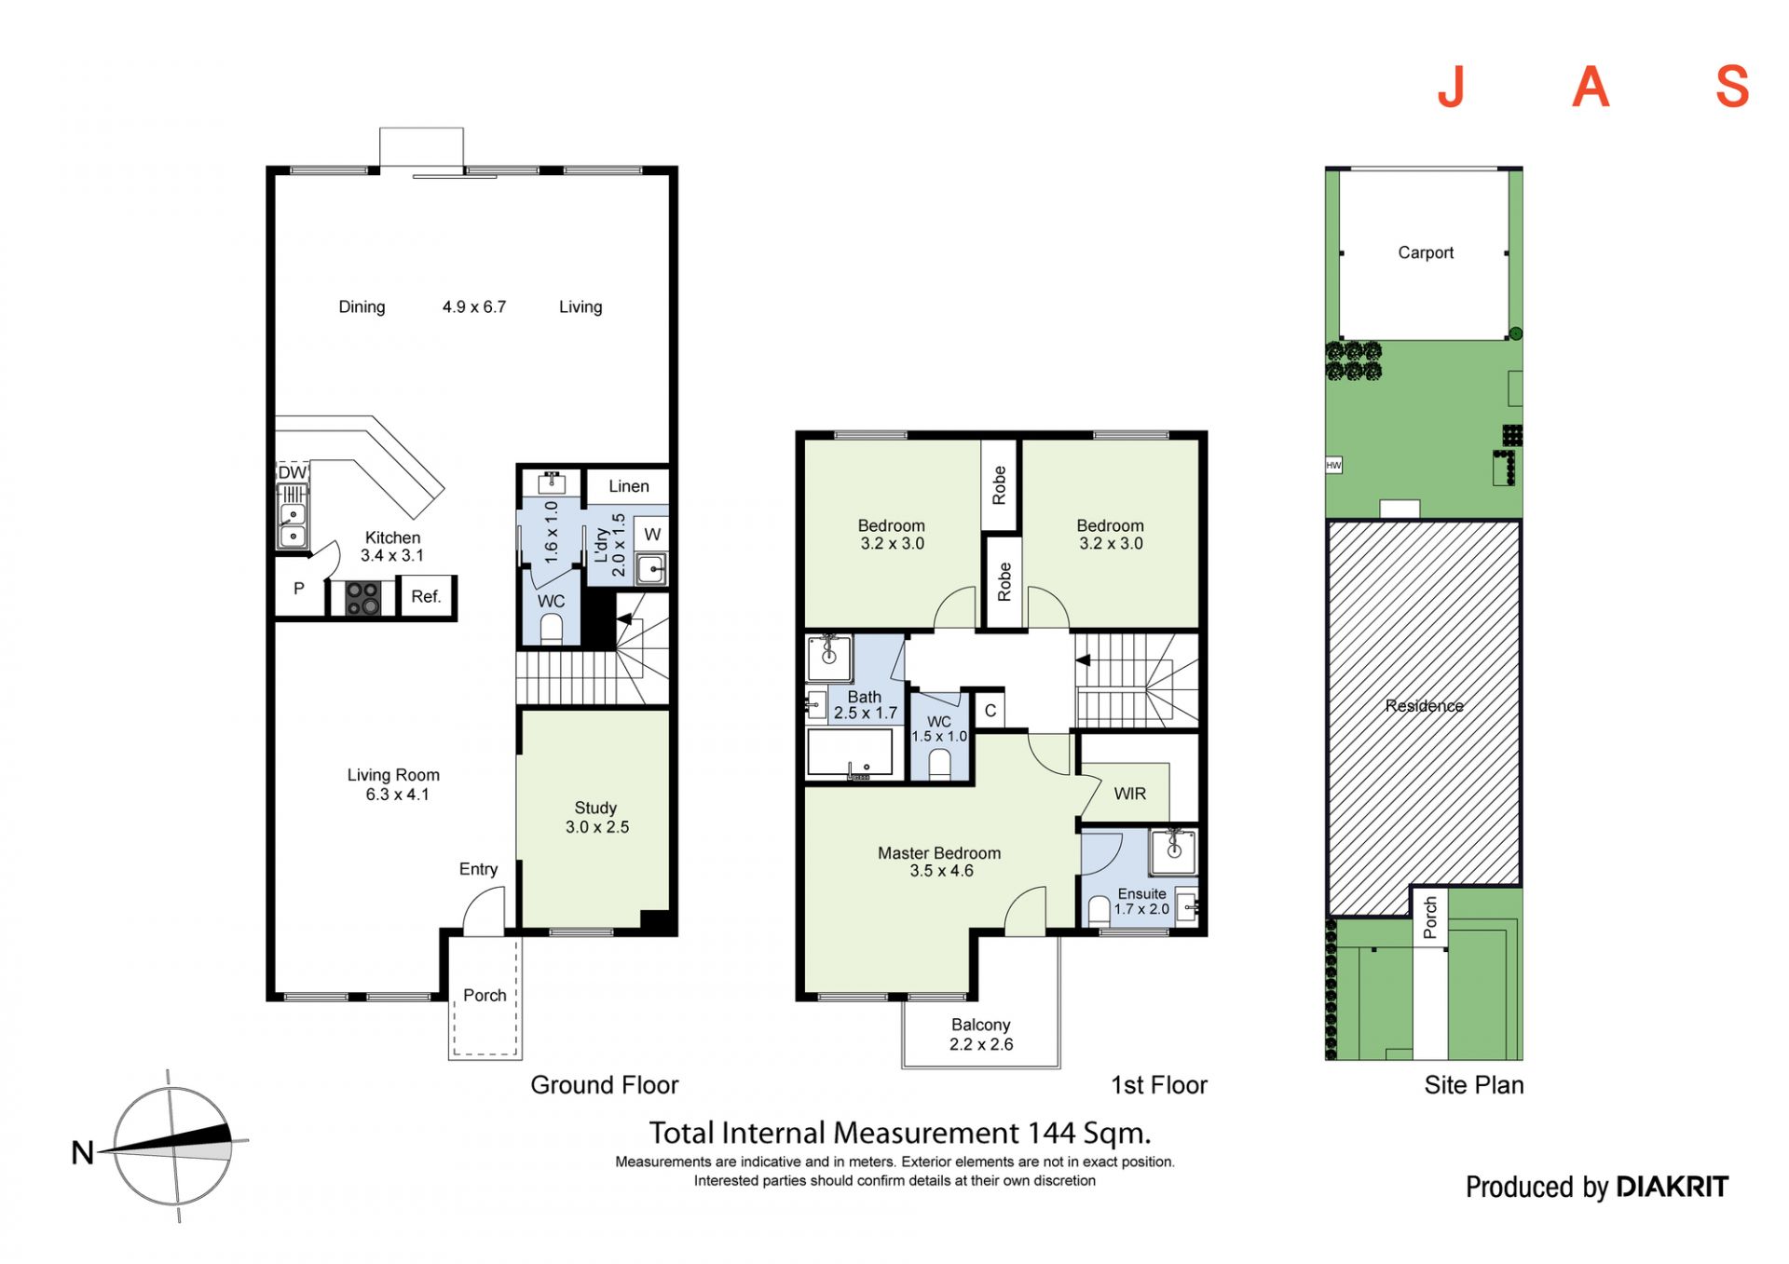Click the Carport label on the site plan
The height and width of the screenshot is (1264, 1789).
pos(1426,252)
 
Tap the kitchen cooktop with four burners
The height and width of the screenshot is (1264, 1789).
pos(362,597)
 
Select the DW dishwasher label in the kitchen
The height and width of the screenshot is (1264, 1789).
pos(292,472)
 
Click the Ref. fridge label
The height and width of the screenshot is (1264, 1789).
pos(426,596)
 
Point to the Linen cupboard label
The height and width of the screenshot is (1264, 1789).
pos(629,486)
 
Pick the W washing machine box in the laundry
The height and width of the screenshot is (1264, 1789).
pos(652,535)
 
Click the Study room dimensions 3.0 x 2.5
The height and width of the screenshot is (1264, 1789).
pos(597,827)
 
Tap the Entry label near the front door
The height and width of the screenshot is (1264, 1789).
pos(478,869)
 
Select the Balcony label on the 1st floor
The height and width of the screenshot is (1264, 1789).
pos(981,1025)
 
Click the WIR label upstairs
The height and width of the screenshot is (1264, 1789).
pos(1130,794)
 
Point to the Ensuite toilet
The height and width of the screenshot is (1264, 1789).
pos(1099,910)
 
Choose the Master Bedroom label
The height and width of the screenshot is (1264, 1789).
pos(939,853)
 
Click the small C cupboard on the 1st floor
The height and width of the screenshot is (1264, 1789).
pos(990,711)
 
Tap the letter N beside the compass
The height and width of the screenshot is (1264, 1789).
pos(83,1153)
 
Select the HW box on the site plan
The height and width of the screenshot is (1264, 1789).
pos(1334,465)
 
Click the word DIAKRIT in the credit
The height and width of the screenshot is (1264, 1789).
pos(1673,1187)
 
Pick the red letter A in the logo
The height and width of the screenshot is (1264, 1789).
pos(1591,87)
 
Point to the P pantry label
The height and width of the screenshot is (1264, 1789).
pos(299,589)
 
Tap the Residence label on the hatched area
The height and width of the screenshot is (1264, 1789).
pos(1424,706)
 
